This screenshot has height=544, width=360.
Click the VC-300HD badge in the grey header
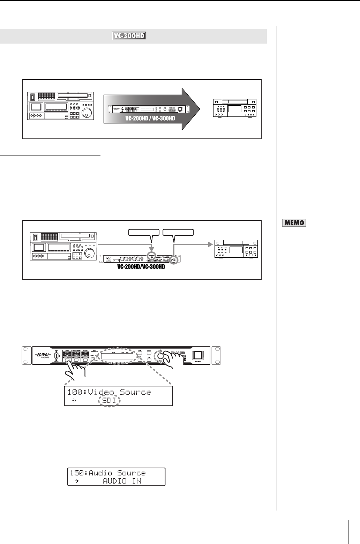click(x=129, y=36)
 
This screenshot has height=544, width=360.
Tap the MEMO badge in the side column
click(x=294, y=222)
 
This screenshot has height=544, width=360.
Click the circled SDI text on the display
click(x=110, y=401)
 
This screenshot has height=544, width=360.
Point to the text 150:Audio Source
click(x=108, y=473)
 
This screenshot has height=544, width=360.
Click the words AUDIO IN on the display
click(x=127, y=481)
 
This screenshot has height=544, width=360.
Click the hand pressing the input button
click(x=75, y=373)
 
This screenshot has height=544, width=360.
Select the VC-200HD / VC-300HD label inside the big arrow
click(x=151, y=118)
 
